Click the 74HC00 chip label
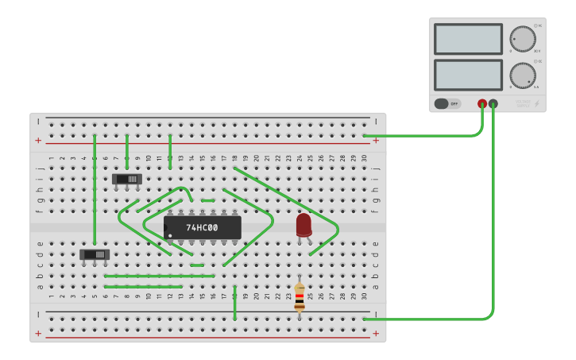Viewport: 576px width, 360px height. pyautogui.click(x=202, y=228)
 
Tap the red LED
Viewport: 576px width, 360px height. pyautogui.click(x=303, y=225)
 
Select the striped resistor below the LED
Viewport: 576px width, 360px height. pyautogui.click(x=300, y=297)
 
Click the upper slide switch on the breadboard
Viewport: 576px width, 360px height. pyautogui.click(x=126, y=179)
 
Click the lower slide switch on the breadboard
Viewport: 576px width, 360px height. pyautogui.click(x=95, y=254)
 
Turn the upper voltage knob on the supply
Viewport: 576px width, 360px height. pyautogui.click(x=522, y=39)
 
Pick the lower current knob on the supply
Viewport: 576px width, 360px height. pyautogui.click(x=522, y=75)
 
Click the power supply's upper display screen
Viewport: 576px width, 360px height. pyautogui.click(x=468, y=39)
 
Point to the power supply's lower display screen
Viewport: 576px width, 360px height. pyautogui.click(x=468, y=75)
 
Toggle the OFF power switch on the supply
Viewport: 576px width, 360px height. pyautogui.click(x=447, y=103)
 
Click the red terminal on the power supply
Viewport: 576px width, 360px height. pyautogui.click(x=482, y=103)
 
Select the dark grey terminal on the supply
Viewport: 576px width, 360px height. pyautogui.click(x=493, y=103)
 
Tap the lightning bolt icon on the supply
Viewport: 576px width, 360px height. pyautogui.click(x=537, y=103)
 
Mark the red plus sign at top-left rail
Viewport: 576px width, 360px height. pyautogui.click(x=38, y=141)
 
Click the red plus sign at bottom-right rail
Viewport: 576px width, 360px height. pyautogui.click(x=376, y=333)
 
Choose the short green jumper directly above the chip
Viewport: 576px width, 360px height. pyautogui.click(x=207, y=200)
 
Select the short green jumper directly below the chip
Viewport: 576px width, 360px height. pyautogui.click(x=197, y=265)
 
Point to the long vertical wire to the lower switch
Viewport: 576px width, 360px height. pyautogui.click(x=95, y=191)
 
